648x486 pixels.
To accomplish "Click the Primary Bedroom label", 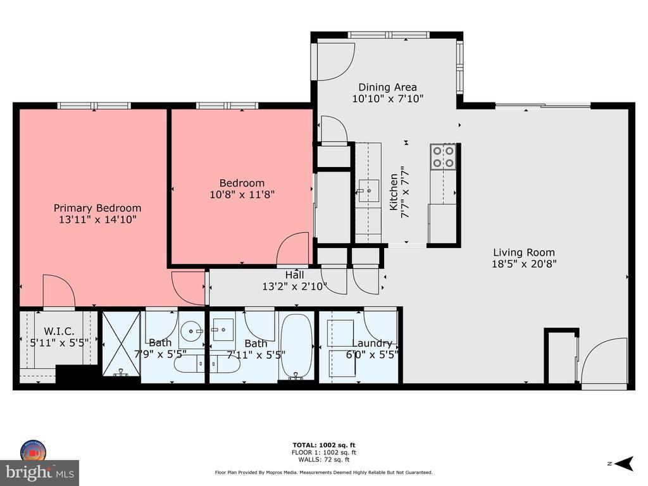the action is pyautogui.click(x=97, y=208).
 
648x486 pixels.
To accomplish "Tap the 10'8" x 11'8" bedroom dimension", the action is pyautogui.click(x=242, y=194).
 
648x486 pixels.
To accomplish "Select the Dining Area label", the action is pyautogui.click(x=387, y=87).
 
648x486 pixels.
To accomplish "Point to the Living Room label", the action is pyautogui.click(x=524, y=252).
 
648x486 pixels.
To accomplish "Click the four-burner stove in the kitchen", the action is pyautogui.click(x=443, y=157).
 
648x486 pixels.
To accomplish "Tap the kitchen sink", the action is pyautogui.click(x=369, y=191).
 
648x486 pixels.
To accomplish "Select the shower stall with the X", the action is pyautogui.click(x=121, y=344).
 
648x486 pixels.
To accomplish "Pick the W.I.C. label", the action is pyautogui.click(x=59, y=331).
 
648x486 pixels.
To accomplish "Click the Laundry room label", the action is pyautogui.click(x=372, y=343).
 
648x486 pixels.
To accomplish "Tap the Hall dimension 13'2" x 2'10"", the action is pyautogui.click(x=295, y=286).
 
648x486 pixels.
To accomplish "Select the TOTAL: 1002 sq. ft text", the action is pyautogui.click(x=324, y=445).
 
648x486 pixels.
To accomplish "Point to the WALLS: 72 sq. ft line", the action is pyautogui.click(x=324, y=459).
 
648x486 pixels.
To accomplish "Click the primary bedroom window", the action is pyautogui.click(x=94, y=106).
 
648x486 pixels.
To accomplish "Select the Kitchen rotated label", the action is pyautogui.click(x=394, y=192).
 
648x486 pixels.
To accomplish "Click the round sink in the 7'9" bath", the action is pyautogui.click(x=192, y=330).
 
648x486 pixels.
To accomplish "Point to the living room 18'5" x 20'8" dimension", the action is pyautogui.click(x=524, y=264).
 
